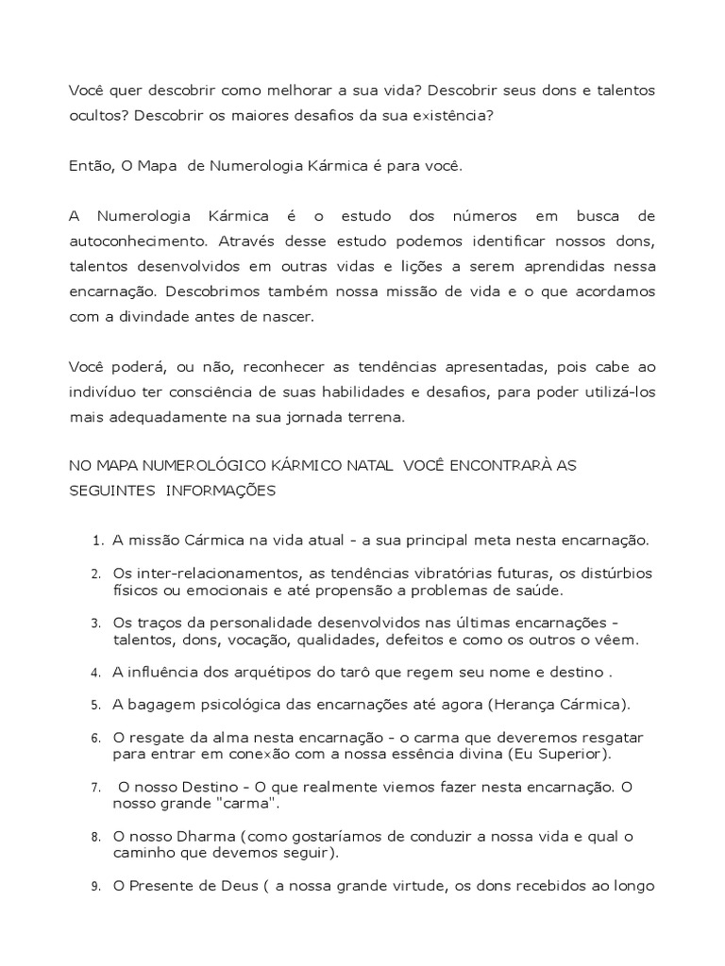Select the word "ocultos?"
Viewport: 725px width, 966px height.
coord(98,115)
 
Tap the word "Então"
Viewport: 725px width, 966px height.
coord(90,166)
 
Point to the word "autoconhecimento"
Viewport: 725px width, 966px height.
coord(130,241)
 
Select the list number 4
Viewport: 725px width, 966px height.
coord(96,673)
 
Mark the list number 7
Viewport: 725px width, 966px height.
coord(96,787)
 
